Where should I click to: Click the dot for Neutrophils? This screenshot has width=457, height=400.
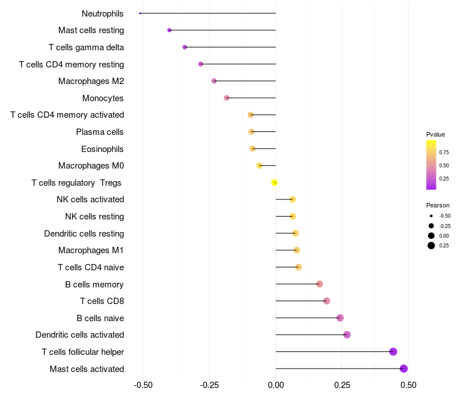click(140, 13)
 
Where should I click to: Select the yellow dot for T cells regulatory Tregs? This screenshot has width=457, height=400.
click(274, 182)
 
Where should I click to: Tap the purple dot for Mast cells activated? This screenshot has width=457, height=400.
click(404, 369)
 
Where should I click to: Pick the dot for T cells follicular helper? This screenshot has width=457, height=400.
click(393, 351)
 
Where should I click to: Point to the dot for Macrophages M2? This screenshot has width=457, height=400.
click(214, 81)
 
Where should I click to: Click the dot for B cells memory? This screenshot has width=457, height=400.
click(319, 284)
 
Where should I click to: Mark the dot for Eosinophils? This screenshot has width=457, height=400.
click(252, 149)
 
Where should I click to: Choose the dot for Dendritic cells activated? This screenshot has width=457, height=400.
click(347, 335)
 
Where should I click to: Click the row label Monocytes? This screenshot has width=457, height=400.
click(103, 98)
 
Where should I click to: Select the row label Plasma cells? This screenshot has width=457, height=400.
click(99, 132)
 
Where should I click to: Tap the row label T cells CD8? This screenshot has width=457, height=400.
click(102, 301)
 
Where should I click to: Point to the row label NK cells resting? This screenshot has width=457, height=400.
click(95, 217)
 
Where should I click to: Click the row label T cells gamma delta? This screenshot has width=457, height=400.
click(86, 47)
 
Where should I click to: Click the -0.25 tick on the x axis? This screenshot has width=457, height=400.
click(209, 385)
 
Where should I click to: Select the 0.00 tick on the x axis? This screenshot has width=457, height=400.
click(276, 385)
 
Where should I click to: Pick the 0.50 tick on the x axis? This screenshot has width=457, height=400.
click(408, 385)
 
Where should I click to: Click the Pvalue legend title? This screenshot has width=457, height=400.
click(435, 134)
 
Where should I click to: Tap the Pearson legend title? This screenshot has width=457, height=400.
click(438, 205)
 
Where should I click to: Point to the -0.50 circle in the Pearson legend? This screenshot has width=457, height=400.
click(431, 216)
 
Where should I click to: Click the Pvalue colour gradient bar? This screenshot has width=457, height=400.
click(431, 165)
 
